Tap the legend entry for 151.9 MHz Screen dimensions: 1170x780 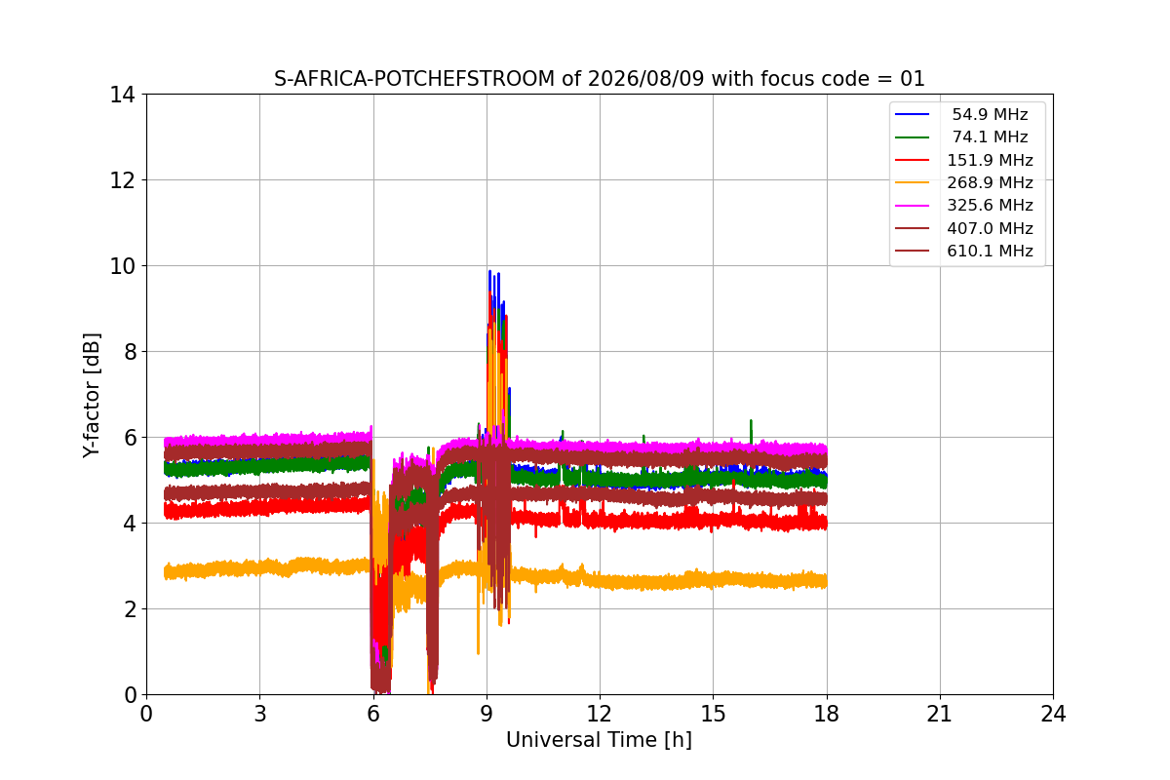tap(963, 160)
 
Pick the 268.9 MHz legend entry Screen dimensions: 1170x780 tap(963, 182)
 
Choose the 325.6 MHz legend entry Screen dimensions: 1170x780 tap(963, 206)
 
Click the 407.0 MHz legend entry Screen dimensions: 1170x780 tap(963, 228)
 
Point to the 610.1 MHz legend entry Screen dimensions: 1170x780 tap(963, 251)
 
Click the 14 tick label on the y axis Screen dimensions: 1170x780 tap(122, 96)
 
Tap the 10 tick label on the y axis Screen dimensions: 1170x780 tap(122, 266)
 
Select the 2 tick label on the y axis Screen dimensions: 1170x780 tap(130, 609)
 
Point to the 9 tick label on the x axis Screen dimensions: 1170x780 tap(487, 714)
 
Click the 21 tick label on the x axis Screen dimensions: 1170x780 tap(940, 714)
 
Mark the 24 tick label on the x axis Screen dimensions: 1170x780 tap(1053, 714)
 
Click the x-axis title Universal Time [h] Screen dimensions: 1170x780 tap(599, 740)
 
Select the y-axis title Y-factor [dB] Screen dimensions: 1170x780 tap(92, 396)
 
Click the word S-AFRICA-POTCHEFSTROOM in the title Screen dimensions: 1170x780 tap(414, 79)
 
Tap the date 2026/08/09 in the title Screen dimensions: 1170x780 tap(646, 79)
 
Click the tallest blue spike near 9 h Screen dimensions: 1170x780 tap(489, 272)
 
